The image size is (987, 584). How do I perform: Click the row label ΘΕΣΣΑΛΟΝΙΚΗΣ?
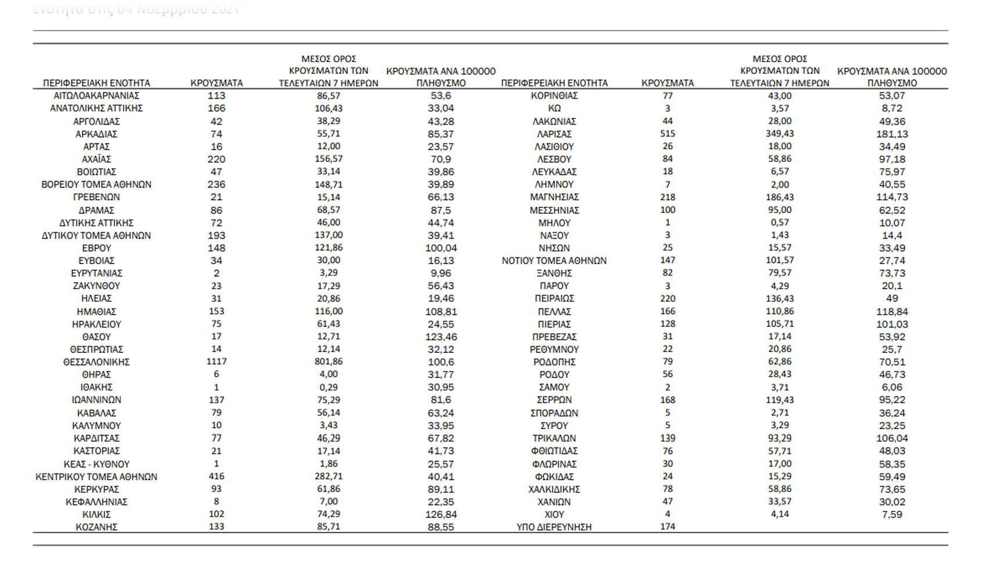tap(96, 362)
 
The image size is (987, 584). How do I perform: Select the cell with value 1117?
tap(217, 362)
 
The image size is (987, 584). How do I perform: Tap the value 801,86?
tap(329, 362)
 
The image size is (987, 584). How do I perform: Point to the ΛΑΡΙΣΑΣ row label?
tap(554, 134)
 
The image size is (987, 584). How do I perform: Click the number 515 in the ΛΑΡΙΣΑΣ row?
tap(668, 134)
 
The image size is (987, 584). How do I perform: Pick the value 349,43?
tap(780, 134)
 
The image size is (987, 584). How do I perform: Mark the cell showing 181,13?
tap(892, 134)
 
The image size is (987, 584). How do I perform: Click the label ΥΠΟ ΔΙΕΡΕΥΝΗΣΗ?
tap(554, 527)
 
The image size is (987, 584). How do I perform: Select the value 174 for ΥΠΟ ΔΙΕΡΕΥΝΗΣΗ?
tap(668, 527)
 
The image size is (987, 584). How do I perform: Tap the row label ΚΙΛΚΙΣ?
tap(96, 514)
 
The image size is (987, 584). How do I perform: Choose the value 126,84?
tap(441, 514)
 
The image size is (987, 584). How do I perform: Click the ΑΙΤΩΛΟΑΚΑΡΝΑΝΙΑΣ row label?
tap(96, 96)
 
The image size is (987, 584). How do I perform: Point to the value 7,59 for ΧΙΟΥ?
tap(892, 514)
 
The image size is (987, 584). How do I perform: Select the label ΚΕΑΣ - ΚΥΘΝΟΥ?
tap(96, 464)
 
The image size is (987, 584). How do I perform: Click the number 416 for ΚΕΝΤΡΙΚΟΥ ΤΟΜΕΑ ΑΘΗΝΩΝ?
tap(217, 477)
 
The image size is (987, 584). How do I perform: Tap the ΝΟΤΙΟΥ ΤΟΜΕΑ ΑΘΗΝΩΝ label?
tap(554, 261)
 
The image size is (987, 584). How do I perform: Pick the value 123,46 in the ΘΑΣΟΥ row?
tap(441, 337)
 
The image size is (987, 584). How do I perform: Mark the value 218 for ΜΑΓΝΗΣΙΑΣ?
tap(668, 197)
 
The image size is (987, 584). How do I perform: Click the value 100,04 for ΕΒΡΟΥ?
tap(441, 248)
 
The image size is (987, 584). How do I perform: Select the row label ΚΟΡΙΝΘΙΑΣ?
tap(554, 96)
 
